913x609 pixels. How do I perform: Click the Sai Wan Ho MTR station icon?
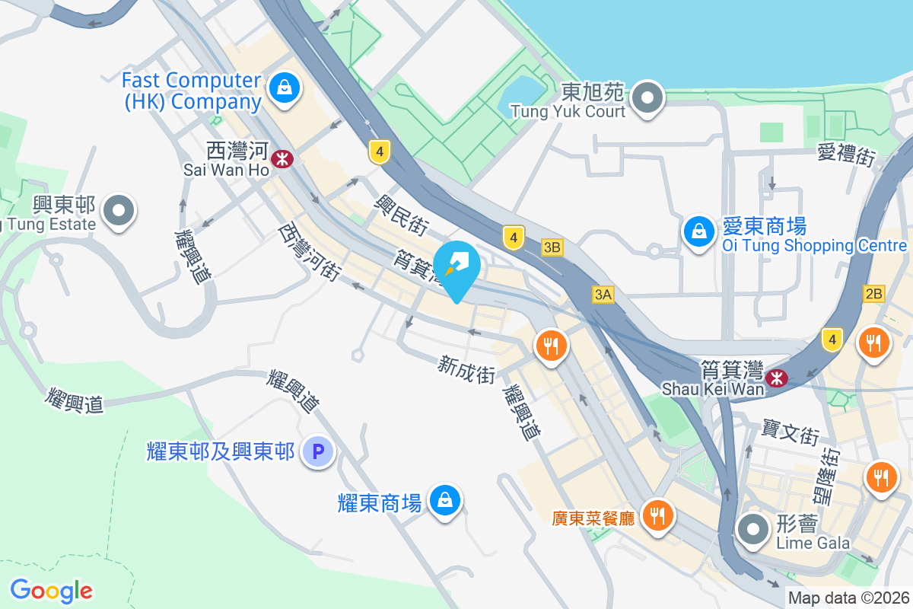283,159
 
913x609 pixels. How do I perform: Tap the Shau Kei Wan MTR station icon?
776,377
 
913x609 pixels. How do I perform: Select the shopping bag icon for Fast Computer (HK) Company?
284,88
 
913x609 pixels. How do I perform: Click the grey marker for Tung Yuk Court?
647,97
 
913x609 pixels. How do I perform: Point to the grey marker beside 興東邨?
118,209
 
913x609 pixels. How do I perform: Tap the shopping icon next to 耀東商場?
443,500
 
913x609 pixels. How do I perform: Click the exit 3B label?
552,247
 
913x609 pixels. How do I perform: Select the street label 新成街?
466,370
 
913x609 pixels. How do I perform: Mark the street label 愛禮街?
846,155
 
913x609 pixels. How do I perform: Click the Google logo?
51,590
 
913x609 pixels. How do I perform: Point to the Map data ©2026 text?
848,598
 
